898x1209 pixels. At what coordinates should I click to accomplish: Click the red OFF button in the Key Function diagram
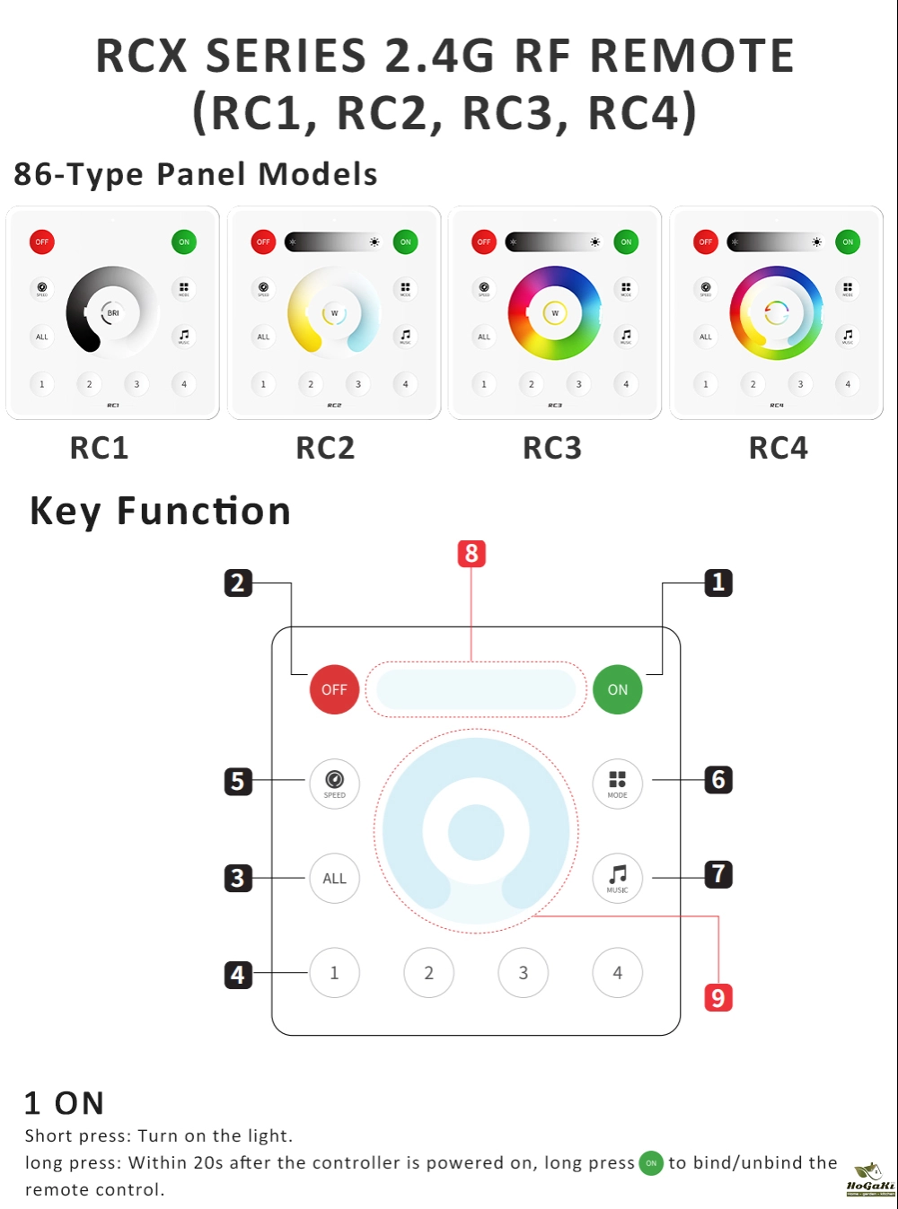coord(334,689)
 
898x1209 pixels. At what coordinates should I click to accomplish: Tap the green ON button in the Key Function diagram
coord(618,689)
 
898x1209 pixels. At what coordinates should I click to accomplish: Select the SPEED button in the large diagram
coord(334,784)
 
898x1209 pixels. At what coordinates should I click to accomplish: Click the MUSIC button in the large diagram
coord(618,878)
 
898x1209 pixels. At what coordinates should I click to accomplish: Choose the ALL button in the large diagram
coord(334,878)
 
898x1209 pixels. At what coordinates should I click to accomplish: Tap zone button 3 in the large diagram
coord(524,973)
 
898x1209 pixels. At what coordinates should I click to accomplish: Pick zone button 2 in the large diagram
coord(428,973)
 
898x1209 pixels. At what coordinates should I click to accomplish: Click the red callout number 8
coord(471,554)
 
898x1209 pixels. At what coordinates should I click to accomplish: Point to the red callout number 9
coord(718,997)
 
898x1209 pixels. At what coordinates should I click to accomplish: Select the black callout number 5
coord(238,781)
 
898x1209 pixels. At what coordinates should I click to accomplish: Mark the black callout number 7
coord(718,874)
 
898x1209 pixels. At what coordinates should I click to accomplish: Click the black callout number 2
coord(238,583)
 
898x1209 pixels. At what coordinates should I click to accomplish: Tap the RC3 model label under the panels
coord(552,448)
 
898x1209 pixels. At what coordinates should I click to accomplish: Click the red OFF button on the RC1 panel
coord(42,242)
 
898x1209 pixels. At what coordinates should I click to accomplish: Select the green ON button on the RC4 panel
coord(847,242)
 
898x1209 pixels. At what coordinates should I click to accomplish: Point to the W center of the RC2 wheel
coord(334,313)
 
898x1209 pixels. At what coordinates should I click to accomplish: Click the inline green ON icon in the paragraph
coord(651,1163)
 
